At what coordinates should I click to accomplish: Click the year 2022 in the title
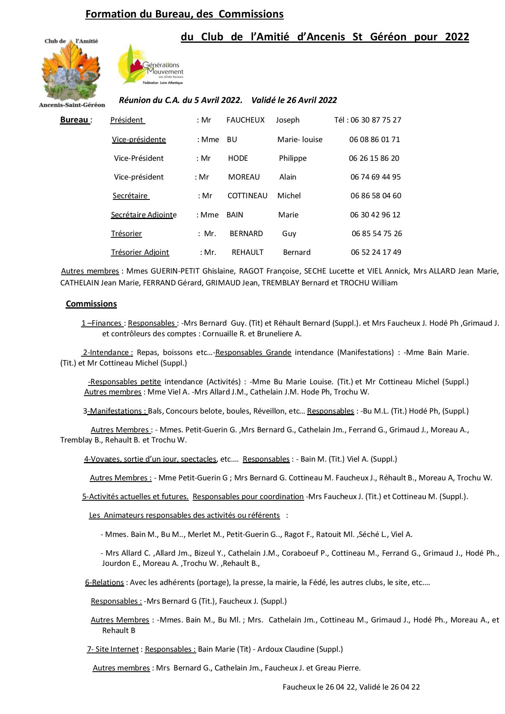457,37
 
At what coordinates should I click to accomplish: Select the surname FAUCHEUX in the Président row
246,120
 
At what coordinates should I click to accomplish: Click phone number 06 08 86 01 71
375,140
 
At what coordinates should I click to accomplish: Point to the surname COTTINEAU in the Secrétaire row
247,196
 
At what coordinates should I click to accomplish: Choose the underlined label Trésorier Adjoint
140,252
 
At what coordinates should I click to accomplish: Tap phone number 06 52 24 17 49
376,252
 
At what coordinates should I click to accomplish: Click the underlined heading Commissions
91,304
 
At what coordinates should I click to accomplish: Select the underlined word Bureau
75,120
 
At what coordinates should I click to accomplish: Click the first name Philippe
292,158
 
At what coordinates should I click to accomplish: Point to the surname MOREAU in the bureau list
244,177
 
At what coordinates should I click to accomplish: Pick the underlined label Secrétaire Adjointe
144,215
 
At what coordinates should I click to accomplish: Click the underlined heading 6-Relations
104,583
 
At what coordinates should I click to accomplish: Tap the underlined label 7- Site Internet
113,649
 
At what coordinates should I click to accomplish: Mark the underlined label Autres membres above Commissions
90,271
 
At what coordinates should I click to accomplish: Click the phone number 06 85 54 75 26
377,234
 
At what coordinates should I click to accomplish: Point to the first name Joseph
288,120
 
